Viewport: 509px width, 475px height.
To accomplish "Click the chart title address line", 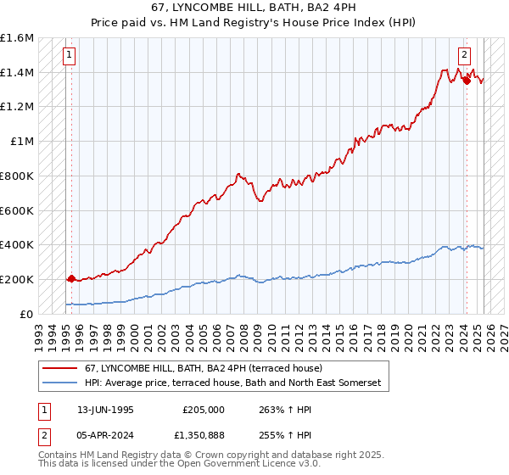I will pos(254,9).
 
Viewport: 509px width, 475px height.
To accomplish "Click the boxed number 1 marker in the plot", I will pos(69,56).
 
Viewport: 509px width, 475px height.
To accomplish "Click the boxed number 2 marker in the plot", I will pos(465,56).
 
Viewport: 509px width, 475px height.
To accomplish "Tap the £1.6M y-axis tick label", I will pos(17,38).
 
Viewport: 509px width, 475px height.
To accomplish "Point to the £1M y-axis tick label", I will pos(23,142).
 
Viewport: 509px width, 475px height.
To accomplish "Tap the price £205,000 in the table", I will pos(204,409).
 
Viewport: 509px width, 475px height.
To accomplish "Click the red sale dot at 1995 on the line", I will pos(70,277).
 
